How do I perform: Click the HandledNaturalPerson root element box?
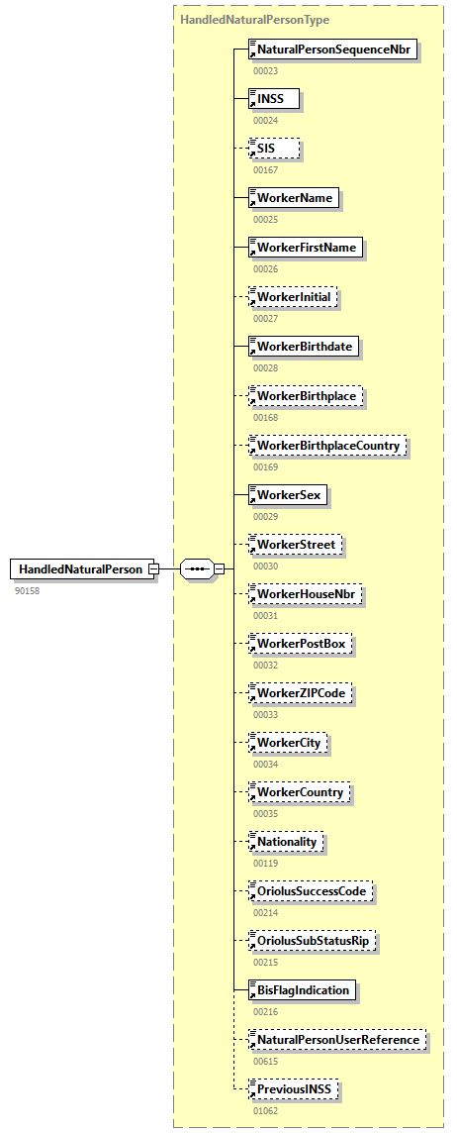pyautogui.click(x=82, y=568)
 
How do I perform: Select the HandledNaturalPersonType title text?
pyautogui.click(x=255, y=19)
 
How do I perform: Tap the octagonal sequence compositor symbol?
pyautogui.click(x=199, y=568)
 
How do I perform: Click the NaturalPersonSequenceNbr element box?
pyautogui.click(x=332, y=49)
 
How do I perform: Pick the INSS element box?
pyautogui.click(x=273, y=98)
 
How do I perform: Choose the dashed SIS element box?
pyautogui.click(x=273, y=148)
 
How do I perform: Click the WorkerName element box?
pyautogui.click(x=294, y=197)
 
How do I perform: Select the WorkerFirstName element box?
pyautogui.click(x=306, y=247)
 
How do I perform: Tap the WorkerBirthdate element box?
pyautogui.click(x=305, y=346)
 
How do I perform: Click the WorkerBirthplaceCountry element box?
pyautogui.click(x=327, y=446)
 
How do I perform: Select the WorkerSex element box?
pyautogui.click(x=288, y=494)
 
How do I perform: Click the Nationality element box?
pyautogui.click(x=286, y=842)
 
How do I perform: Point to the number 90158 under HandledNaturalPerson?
pyautogui.click(x=29, y=590)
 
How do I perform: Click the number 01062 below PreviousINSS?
pyautogui.click(x=265, y=1111)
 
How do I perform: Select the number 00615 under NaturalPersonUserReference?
pyautogui.click(x=265, y=1062)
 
